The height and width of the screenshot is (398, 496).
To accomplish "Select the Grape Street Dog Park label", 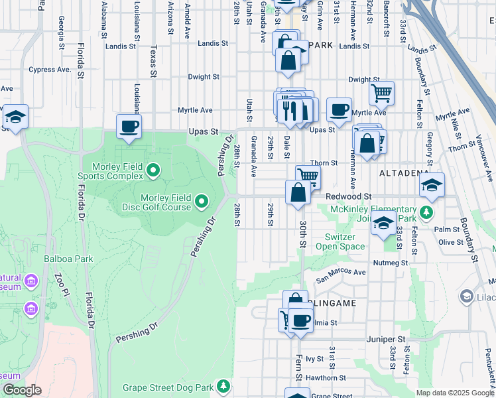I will click(168, 387).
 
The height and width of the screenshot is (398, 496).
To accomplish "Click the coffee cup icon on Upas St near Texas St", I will click(129, 125).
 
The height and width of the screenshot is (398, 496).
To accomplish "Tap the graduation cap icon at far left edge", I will click(15, 117).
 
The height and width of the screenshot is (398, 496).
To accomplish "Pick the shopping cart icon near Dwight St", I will click(381, 93).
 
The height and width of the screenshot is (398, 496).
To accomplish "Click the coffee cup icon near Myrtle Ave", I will click(339, 109).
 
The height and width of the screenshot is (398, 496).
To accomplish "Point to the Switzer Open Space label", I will click(344, 241).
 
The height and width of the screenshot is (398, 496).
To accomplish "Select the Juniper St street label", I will click(385, 338).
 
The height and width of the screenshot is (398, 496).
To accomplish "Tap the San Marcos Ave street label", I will click(341, 272).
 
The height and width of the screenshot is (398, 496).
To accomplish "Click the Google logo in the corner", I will click(23, 390).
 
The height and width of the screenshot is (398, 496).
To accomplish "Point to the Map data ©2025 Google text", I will click(454, 393).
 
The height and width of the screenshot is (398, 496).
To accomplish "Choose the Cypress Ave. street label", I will click(50, 70).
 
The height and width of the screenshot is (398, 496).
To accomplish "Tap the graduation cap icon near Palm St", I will click(383, 224).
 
